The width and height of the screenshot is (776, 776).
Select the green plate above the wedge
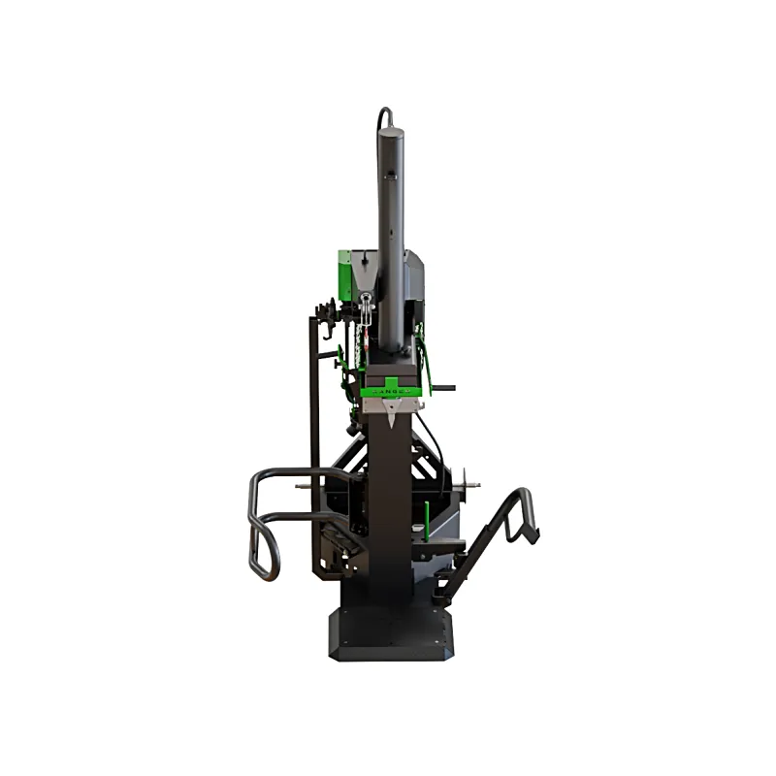point(393,384)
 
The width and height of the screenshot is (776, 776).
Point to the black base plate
point(388,635)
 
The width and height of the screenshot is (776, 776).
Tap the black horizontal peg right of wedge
point(442,389)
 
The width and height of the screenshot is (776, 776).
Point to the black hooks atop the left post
point(325,315)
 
